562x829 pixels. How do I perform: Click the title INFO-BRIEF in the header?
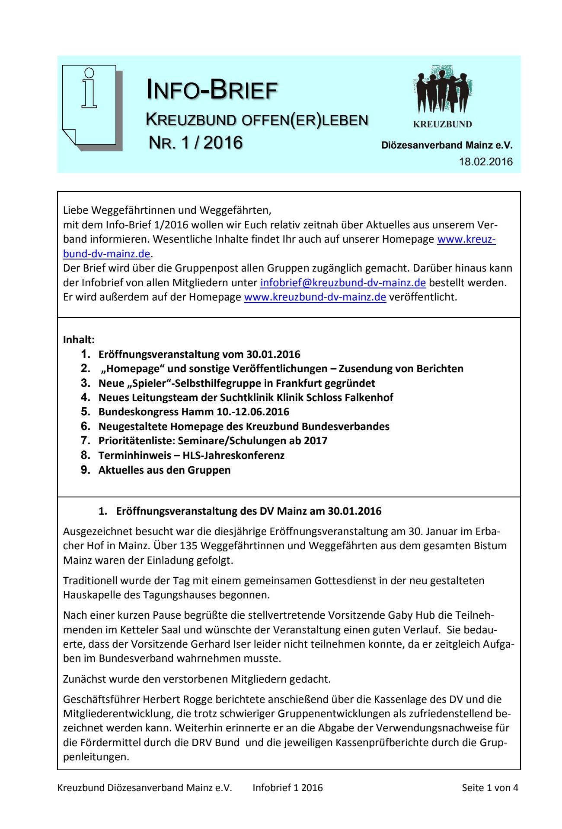[212, 90]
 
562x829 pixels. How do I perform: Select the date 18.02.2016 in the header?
[485, 162]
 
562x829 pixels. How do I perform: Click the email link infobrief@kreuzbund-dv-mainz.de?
[343, 283]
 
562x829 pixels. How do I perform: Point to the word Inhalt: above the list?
[79, 340]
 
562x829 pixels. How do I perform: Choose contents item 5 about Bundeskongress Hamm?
[194, 412]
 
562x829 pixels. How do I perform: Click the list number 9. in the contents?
[86, 470]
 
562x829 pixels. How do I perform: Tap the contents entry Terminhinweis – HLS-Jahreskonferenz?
[191, 456]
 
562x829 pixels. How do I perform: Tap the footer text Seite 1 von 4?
[490, 788]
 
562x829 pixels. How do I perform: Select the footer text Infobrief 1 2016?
[287, 788]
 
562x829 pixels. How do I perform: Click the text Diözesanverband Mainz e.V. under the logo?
[447, 146]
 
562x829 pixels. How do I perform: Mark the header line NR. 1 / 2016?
[195, 143]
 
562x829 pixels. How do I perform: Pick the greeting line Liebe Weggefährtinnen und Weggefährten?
[167, 210]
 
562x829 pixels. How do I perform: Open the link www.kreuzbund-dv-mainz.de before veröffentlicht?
[315, 297]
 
